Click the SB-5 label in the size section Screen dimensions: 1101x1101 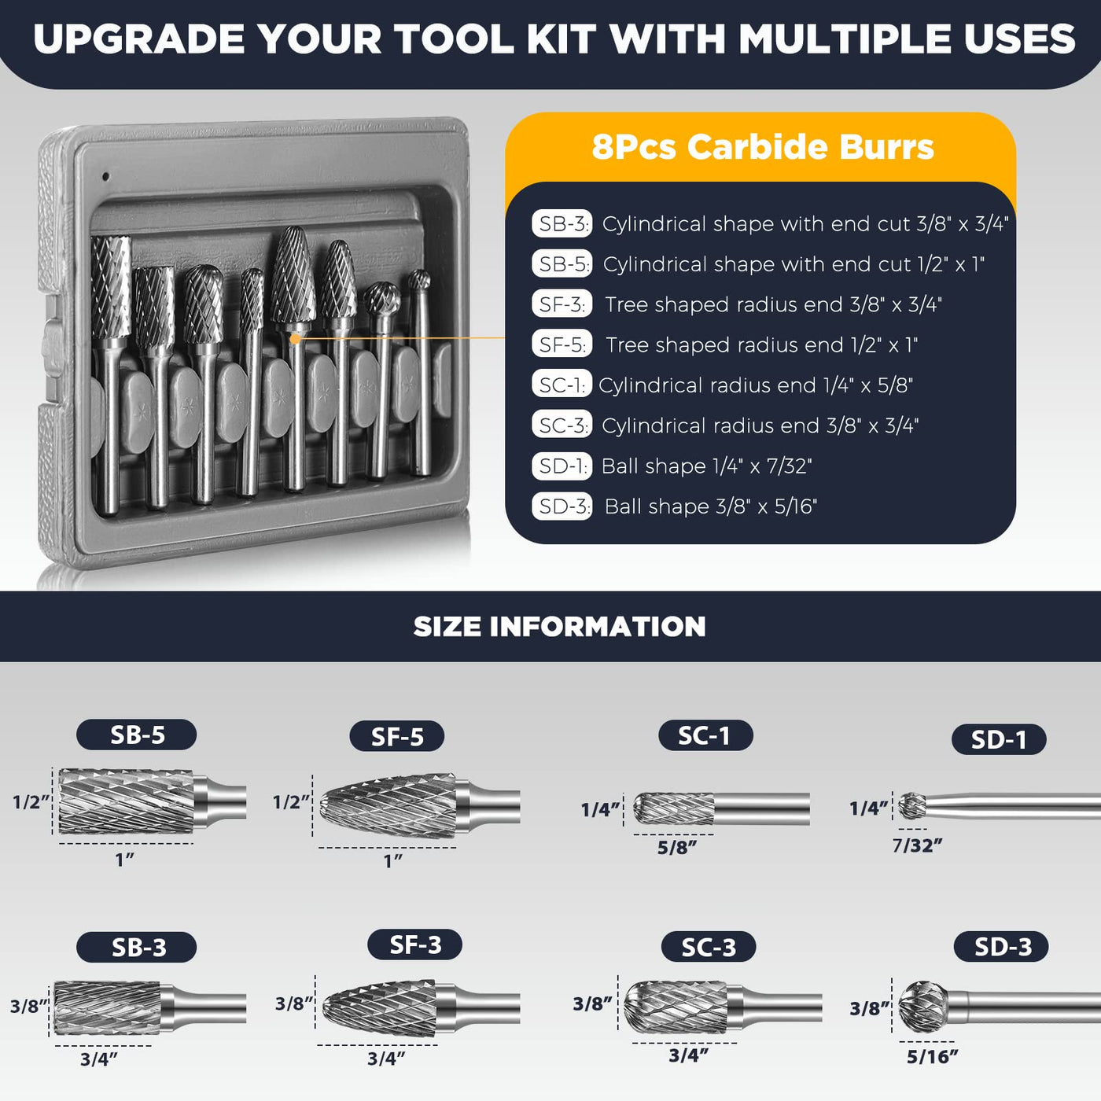pos(137,735)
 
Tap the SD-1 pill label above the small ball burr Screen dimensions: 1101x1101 pos(999,740)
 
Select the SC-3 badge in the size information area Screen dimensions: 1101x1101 pos(709,948)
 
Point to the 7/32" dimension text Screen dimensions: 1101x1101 pos(917,845)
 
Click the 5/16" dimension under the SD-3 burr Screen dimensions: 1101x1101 pos(933,1057)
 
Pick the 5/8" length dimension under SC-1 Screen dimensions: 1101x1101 pos(677,847)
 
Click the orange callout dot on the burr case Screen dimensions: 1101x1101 pos(296,339)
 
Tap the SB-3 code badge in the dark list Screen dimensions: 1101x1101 pos(562,224)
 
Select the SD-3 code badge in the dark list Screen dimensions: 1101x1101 pos(562,506)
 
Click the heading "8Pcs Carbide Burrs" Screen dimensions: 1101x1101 pos(763,147)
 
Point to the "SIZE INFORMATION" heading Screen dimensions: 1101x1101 pos(559,626)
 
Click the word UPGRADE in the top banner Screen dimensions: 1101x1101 pos(139,39)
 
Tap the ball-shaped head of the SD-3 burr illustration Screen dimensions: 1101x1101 pos(922,1007)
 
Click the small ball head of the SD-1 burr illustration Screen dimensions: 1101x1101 pos(912,805)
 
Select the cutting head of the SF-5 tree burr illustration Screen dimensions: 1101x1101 pos(388,806)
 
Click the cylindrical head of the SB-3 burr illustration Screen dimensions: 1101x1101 pos(108,1008)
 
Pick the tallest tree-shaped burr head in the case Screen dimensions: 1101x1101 pos(293,274)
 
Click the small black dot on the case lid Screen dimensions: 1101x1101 pos(105,176)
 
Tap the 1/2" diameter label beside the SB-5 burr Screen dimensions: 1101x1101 pos(31,802)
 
